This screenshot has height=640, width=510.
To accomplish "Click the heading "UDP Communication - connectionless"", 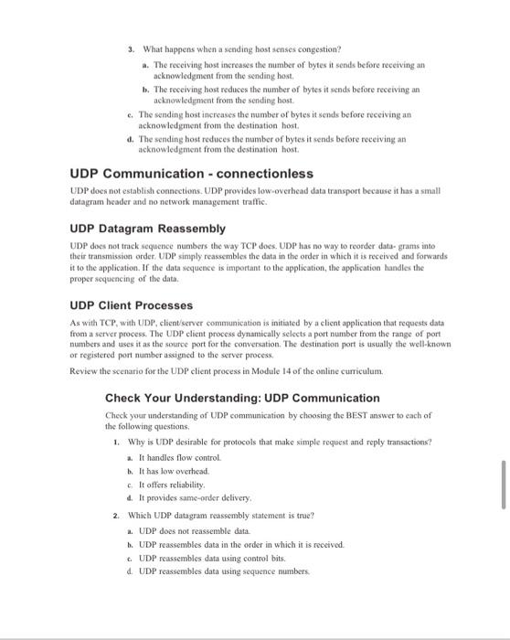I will coord(192,174).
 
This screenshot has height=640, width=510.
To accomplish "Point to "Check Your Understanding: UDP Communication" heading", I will coord(242,398).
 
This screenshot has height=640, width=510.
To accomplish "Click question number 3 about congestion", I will coord(132,48).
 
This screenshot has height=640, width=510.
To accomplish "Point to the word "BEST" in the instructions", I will coord(351,415).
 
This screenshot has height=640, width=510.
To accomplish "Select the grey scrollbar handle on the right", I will coord(502,485).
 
